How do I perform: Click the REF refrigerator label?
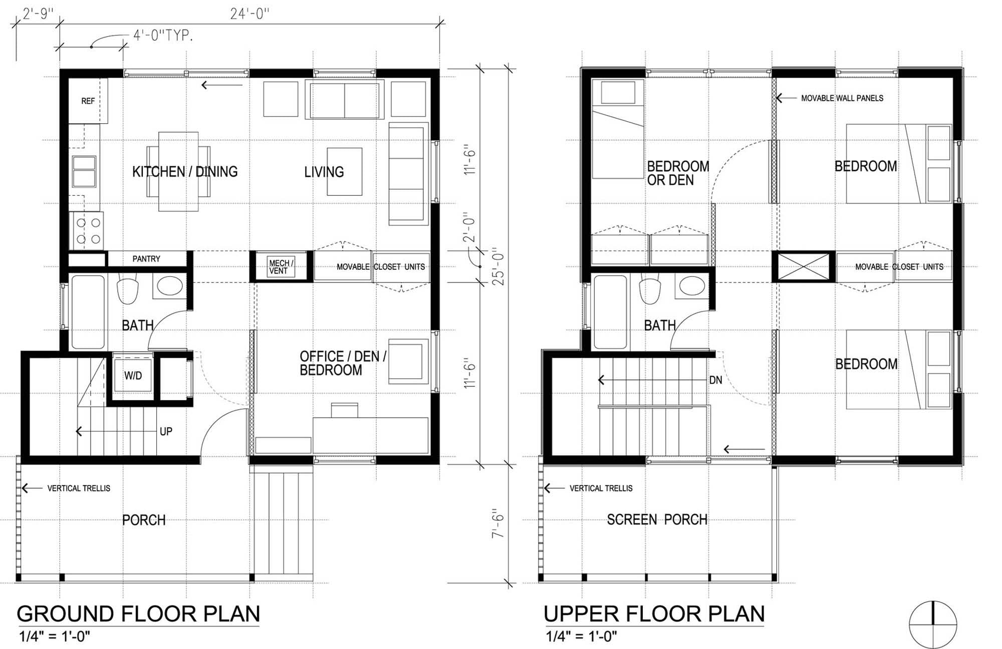coord(88,101)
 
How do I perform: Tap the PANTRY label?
coord(146,259)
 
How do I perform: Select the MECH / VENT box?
coord(281,267)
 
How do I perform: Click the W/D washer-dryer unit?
coord(133,376)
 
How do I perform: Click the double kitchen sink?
coord(84,171)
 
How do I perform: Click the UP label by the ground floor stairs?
coord(166,431)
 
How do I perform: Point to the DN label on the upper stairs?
coord(715,380)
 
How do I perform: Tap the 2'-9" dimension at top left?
coord(39,14)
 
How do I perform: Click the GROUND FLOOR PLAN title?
coord(138,614)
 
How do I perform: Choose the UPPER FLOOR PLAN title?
coord(654,614)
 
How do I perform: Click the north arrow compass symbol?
coord(933,624)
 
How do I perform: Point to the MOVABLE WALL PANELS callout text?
coord(842,98)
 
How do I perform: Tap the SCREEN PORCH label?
coord(657,520)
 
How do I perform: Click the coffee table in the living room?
coord(345,171)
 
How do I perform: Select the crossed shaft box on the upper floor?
coord(804,267)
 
